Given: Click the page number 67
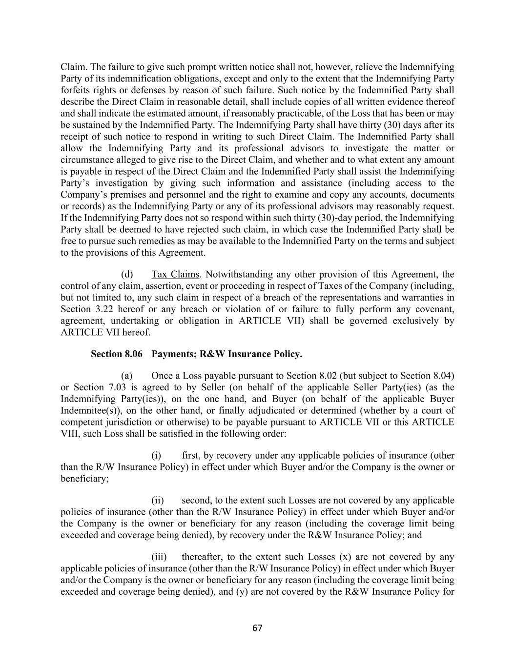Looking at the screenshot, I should click(x=257, y=628).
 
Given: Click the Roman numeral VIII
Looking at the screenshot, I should click(x=70, y=433).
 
